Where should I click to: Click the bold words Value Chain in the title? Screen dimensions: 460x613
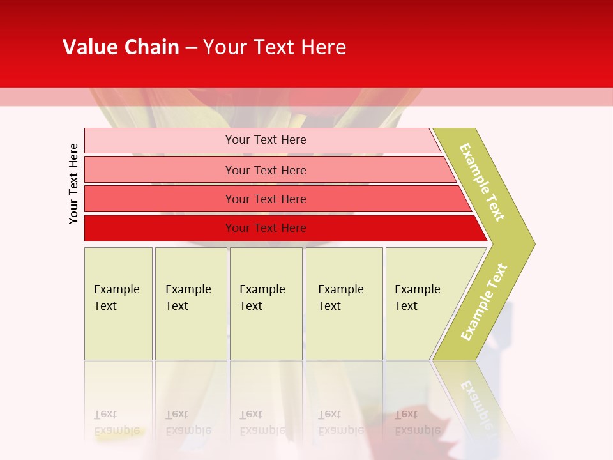tap(121, 47)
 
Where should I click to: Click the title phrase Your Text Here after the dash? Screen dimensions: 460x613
tap(275, 47)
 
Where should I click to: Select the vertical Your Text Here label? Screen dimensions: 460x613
tap(73, 183)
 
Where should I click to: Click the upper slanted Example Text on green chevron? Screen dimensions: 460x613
tap(482, 182)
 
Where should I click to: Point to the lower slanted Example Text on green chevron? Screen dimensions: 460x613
tap(484, 302)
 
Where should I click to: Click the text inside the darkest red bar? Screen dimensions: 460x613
tap(266, 228)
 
